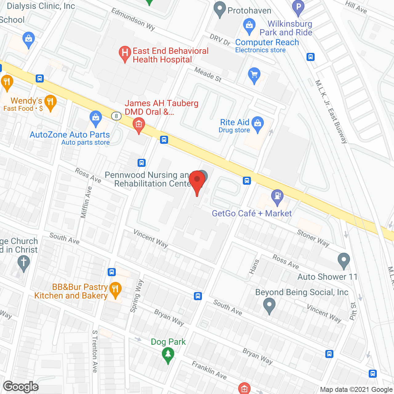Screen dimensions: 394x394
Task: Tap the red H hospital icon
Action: pyautogui.click(x=125, y=53)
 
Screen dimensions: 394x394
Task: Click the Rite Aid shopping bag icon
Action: pyautogui.click(x=258, y=123)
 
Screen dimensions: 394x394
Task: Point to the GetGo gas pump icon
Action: pyautogui.click(x=277, y=196)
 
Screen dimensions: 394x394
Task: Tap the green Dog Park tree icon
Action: pyautogui.click(x=168, y=354)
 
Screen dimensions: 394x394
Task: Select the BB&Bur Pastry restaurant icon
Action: pyautogui.click(x=115, y=289)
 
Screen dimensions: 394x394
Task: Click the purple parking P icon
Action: pyautogui.click(x=298, y=7)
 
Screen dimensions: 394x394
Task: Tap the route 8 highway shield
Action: pyautogui.click(x=116, y=116)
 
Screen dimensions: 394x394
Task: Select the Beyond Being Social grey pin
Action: pyautogui.click(x=269, y=305)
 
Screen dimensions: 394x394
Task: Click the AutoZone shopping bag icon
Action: pyautogui.click(x=96, y=118)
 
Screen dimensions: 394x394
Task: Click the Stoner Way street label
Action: pyautogui.click(x=313, y=238)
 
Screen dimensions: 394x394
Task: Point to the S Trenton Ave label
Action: pyautogui.click(x=95, y=351)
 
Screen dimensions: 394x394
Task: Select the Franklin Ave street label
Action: pyautogui.click(x=209, y=370)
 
